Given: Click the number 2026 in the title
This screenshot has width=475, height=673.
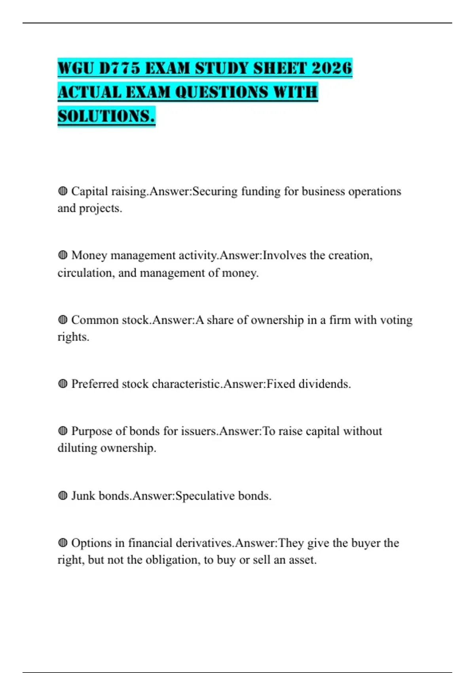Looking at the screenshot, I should tap(332, 68).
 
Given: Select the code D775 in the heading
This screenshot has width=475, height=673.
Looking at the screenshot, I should tap(119, 68).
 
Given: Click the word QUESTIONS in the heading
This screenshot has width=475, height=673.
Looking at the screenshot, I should tap(216, 92).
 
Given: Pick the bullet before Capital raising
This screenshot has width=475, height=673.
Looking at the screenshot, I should tap(63, 191).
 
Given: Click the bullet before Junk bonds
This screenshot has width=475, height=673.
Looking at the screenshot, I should tap(63, 496).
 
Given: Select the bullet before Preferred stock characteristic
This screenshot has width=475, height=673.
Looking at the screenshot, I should tap(63, 384).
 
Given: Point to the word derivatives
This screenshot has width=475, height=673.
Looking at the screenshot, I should tap(204, 543).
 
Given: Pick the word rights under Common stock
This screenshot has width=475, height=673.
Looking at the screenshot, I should tap(73, 337).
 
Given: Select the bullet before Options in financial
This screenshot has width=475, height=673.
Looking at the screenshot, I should tap(63, 543).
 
